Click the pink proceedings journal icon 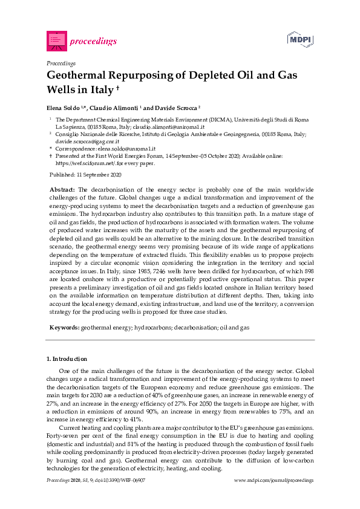tap(56, 41)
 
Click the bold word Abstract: tap(62, 190)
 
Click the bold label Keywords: tap(64, 327)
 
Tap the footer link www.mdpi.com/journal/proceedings tap(273, 480)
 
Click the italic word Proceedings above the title tap(61, 63)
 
